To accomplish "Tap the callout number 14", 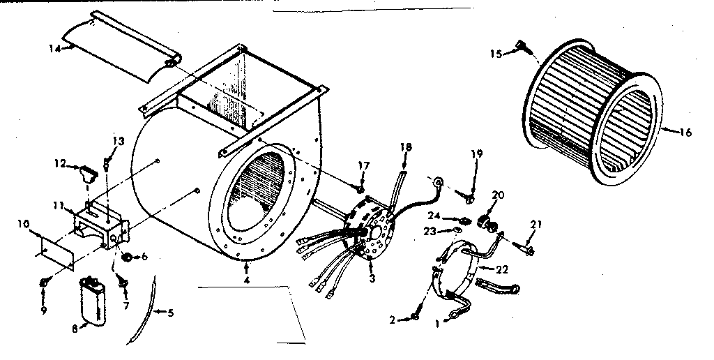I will tap(53, 47).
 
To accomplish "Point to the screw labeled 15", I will tap(520, 46).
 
